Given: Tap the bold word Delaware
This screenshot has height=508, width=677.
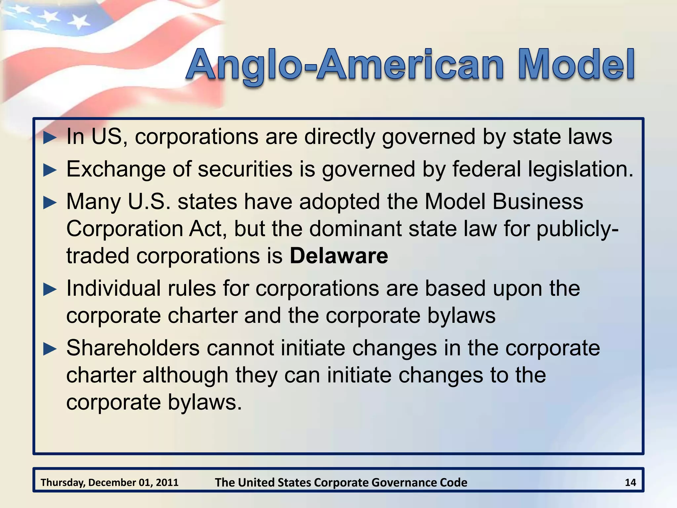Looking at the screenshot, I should tap(339, 256).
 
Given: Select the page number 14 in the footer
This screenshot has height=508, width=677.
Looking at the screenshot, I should tap(630, 483).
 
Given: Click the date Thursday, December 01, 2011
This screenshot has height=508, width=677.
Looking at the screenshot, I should tap(109, 483).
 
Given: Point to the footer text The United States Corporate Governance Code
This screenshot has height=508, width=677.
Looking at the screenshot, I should tap(341, 483).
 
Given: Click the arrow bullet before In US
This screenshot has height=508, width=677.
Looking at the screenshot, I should tap(50, 138).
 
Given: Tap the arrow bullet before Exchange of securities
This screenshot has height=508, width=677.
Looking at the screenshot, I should tap(50, 170).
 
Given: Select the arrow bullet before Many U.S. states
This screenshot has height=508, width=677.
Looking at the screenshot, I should tap(50, 202).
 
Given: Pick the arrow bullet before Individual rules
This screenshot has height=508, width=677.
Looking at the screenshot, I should tap(50, 289).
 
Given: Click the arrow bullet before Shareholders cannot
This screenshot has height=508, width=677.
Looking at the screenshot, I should tap(50, 349).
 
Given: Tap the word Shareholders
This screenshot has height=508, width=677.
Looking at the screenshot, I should tap(133, 348).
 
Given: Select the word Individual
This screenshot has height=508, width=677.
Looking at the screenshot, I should tap(113, 288).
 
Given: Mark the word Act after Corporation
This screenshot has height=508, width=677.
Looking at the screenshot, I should tap(208, 229).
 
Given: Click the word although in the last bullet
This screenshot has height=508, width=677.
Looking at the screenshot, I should tap(185, 375).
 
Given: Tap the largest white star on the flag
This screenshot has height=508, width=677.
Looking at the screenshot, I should tap(79, 21).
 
